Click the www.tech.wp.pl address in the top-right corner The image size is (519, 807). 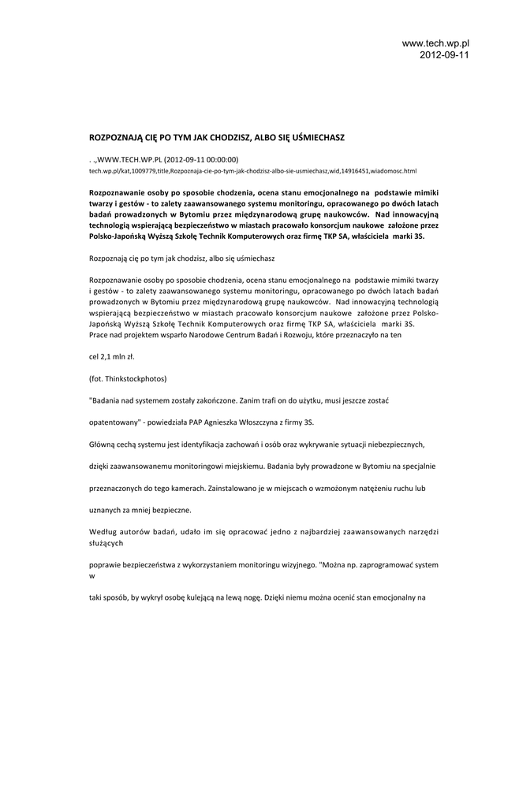pos(435,43)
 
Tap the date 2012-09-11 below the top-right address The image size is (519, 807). pos(444,55)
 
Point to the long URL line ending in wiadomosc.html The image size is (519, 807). pos(252,170)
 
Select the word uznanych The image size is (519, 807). pos(106,511)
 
